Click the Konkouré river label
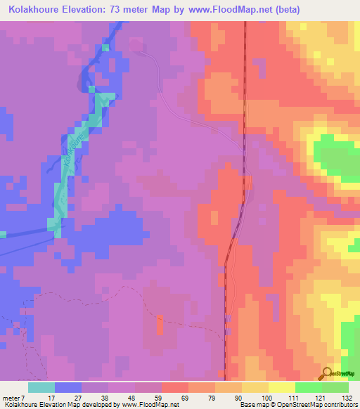(70, 151)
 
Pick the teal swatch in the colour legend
(41, 387)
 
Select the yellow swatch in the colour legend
(282, 387)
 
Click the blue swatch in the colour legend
(68, 387)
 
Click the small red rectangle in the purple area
(159, 325)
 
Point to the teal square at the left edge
(3, 234)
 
